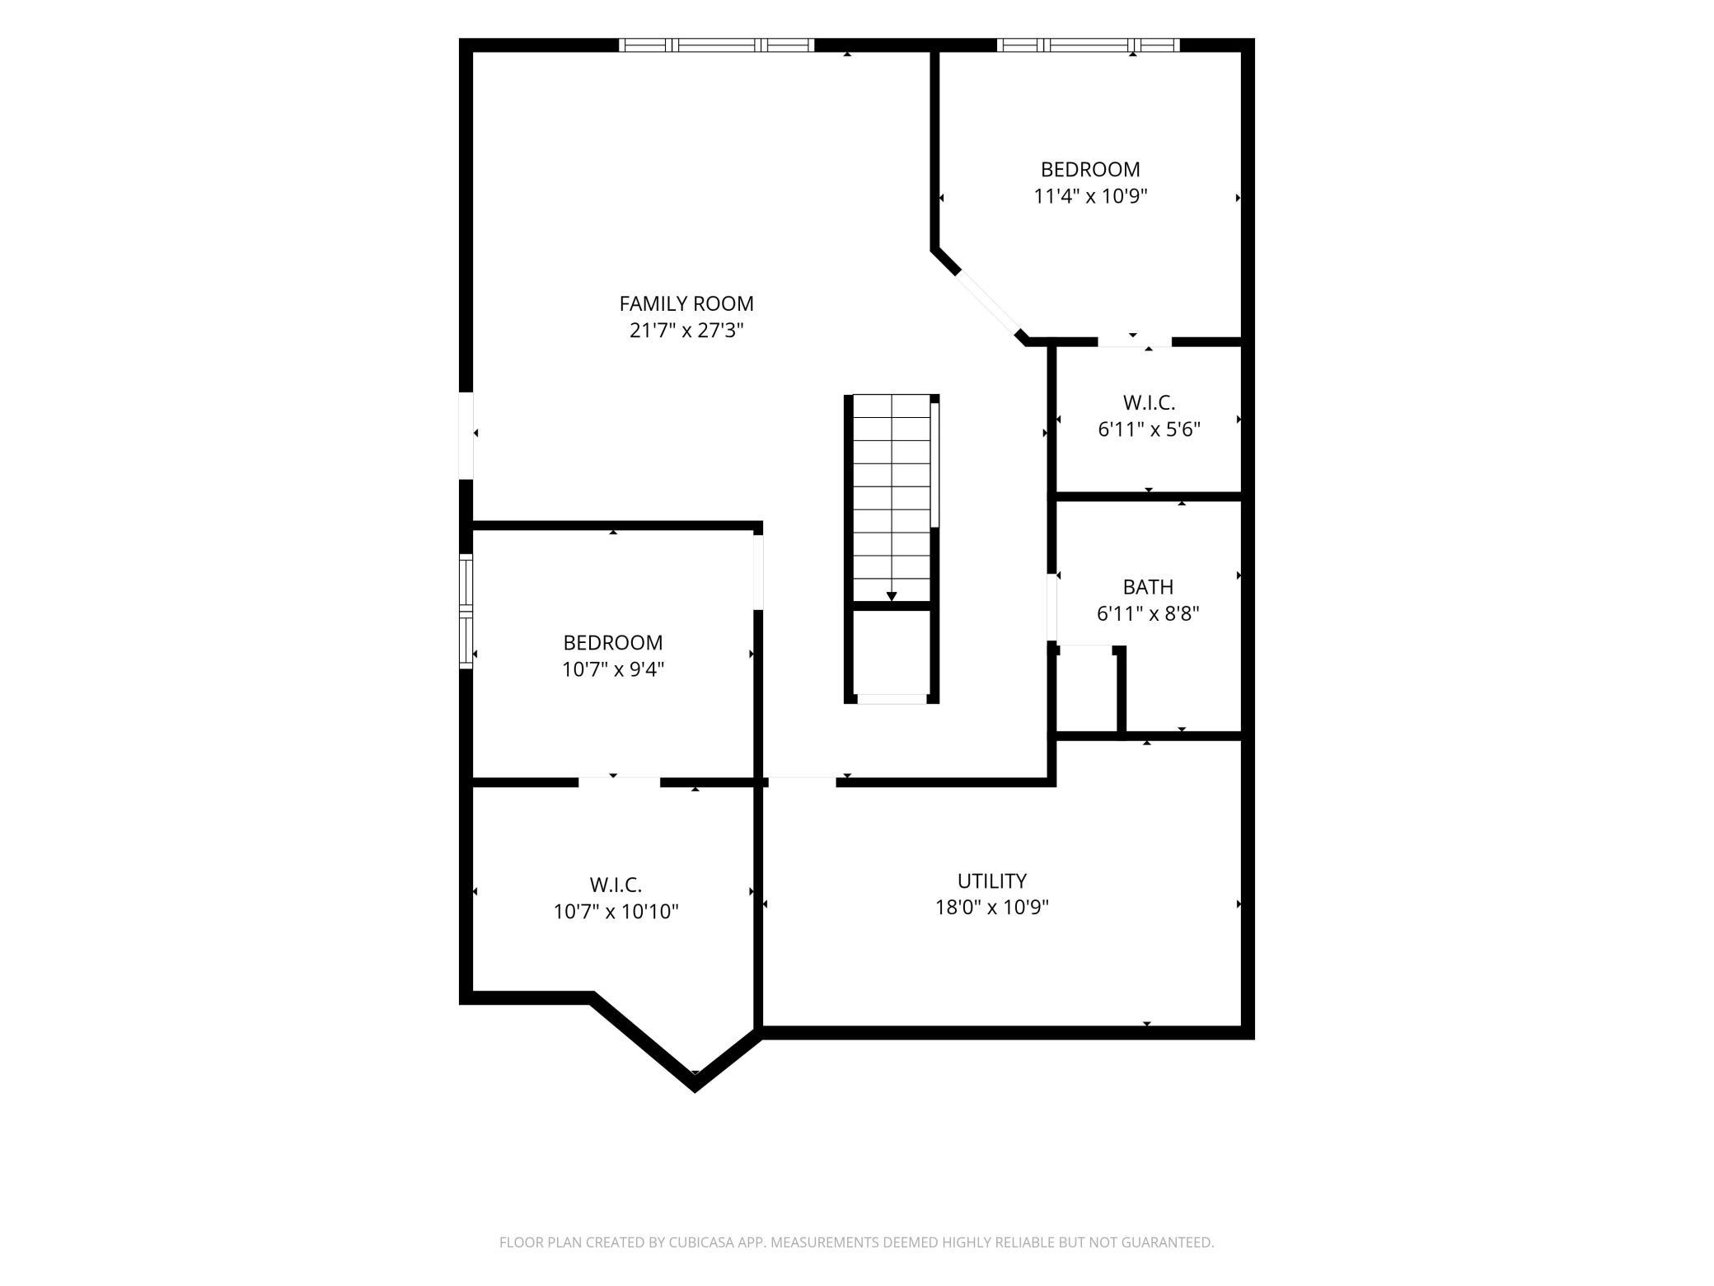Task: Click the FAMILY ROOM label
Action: click(686, 304)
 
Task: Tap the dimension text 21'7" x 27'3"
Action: click(686, 331)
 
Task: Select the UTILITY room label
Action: click(992, 880)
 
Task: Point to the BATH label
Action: click(1148, 587)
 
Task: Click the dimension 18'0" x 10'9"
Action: click(992, 908)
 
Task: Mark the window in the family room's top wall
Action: click(717, 45)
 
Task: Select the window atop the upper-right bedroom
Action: click(1088, 45)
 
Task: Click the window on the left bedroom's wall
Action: click(466, 611)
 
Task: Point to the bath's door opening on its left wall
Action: click(1052, 608)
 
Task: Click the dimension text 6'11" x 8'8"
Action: click(1148, 614)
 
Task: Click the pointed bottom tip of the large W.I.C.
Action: click(695, 1091)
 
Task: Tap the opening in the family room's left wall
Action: click(466, 435)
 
